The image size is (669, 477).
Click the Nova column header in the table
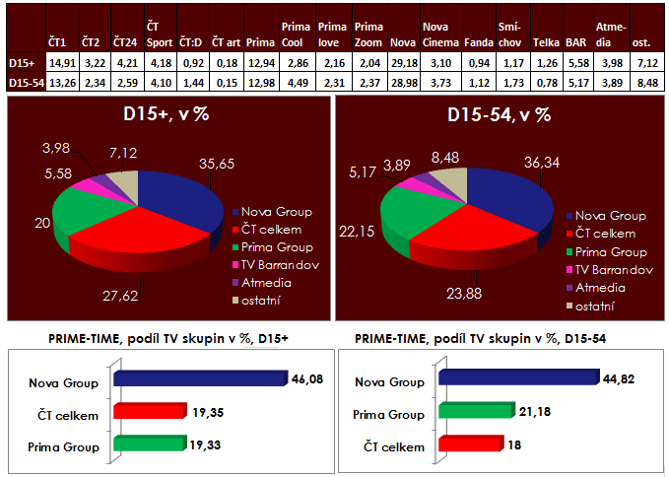point(401,44)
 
